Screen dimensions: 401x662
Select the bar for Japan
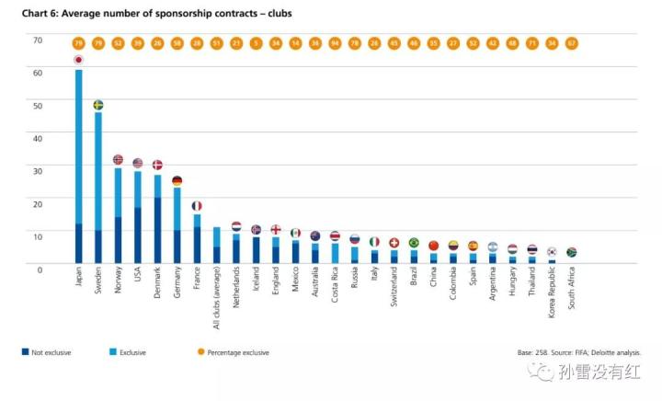point(78,166)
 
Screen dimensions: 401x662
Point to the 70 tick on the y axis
point(38,40)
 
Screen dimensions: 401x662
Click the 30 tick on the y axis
point(38,171)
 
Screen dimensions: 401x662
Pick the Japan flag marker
point(78,60)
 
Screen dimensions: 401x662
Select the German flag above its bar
point(177,181)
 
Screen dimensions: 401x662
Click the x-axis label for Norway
point(119,280)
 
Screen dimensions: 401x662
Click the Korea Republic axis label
point(553,293)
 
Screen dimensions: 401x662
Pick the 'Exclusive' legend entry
point(128,352)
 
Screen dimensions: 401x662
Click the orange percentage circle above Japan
point(78,43)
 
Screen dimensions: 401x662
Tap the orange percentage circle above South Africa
point(572,43)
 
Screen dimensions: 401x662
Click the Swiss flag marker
point(394,243)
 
